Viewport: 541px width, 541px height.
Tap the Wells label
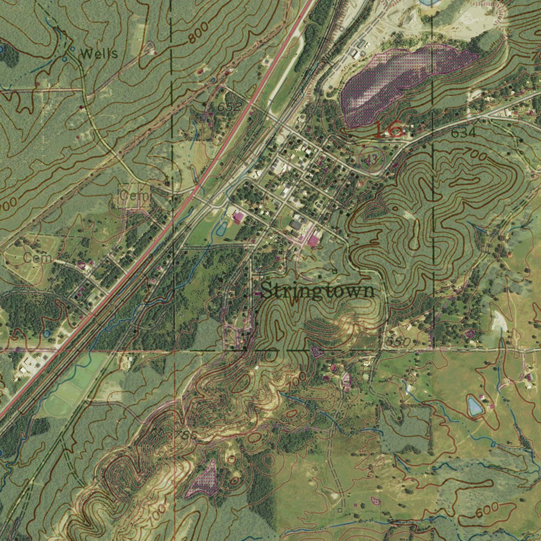(99, 53)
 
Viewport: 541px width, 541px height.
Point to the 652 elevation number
(229, 107)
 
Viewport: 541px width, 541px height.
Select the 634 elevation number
(463, 133)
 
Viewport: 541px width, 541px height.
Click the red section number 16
(388, 130)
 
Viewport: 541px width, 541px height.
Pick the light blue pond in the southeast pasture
(474, 406)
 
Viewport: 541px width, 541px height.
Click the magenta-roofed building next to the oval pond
(239, 217)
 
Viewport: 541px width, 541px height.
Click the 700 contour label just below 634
(474, 154)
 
